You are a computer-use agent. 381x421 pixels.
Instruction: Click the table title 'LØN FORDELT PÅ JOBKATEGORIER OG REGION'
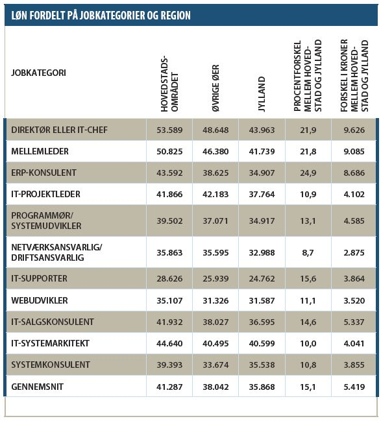[x=101, y=16]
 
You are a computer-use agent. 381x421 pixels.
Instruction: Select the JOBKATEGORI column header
[x=38, y=73]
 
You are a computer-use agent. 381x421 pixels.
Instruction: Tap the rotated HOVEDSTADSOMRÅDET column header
[x=169, y=84]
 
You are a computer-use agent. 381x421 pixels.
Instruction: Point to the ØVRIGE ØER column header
[x=215, y=88]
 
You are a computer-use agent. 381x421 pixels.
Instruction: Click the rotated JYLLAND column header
[x=262, y=94]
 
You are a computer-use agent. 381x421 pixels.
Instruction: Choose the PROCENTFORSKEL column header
[x=308, y=76]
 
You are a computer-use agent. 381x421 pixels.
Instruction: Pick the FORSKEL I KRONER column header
[x=354, y=75]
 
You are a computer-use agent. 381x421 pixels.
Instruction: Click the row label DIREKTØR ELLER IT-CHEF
[x=59, y=130]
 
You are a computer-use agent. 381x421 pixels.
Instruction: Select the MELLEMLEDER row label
[x=40, y=151]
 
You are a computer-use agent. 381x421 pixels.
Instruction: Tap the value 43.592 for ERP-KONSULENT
[x=169, y=173]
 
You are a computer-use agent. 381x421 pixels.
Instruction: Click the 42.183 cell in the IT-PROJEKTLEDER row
[x=215, y=194]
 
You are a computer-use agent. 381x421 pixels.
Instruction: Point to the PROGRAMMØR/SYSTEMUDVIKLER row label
[x=46, y=221]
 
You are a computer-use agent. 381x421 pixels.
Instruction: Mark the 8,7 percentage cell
[x=308, y=252]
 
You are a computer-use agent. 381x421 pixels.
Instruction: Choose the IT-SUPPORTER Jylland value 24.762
[x=262, y=279]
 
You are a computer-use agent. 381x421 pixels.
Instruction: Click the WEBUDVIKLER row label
[x=40, y=300]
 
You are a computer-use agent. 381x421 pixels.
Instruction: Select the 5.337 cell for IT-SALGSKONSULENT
[x=354, y=322]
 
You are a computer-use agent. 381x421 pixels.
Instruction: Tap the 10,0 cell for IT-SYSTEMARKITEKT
[x=308, y=343]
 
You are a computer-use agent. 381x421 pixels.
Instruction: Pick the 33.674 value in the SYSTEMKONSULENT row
[x=215, y=365]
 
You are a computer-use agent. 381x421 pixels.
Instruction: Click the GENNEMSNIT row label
[x=38, y=387]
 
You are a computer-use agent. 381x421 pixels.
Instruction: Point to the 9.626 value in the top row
[x=354, y=130]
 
